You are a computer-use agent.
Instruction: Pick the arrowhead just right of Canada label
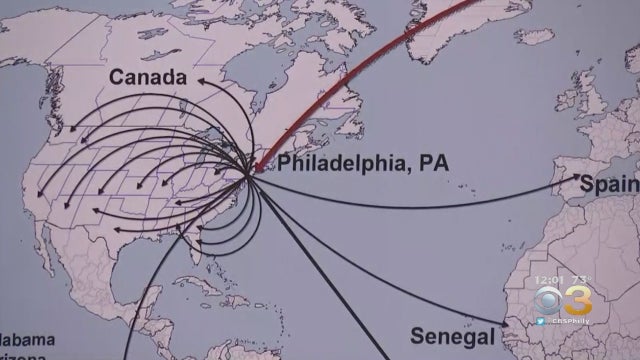pyautogui.click(x=199, y=79)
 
